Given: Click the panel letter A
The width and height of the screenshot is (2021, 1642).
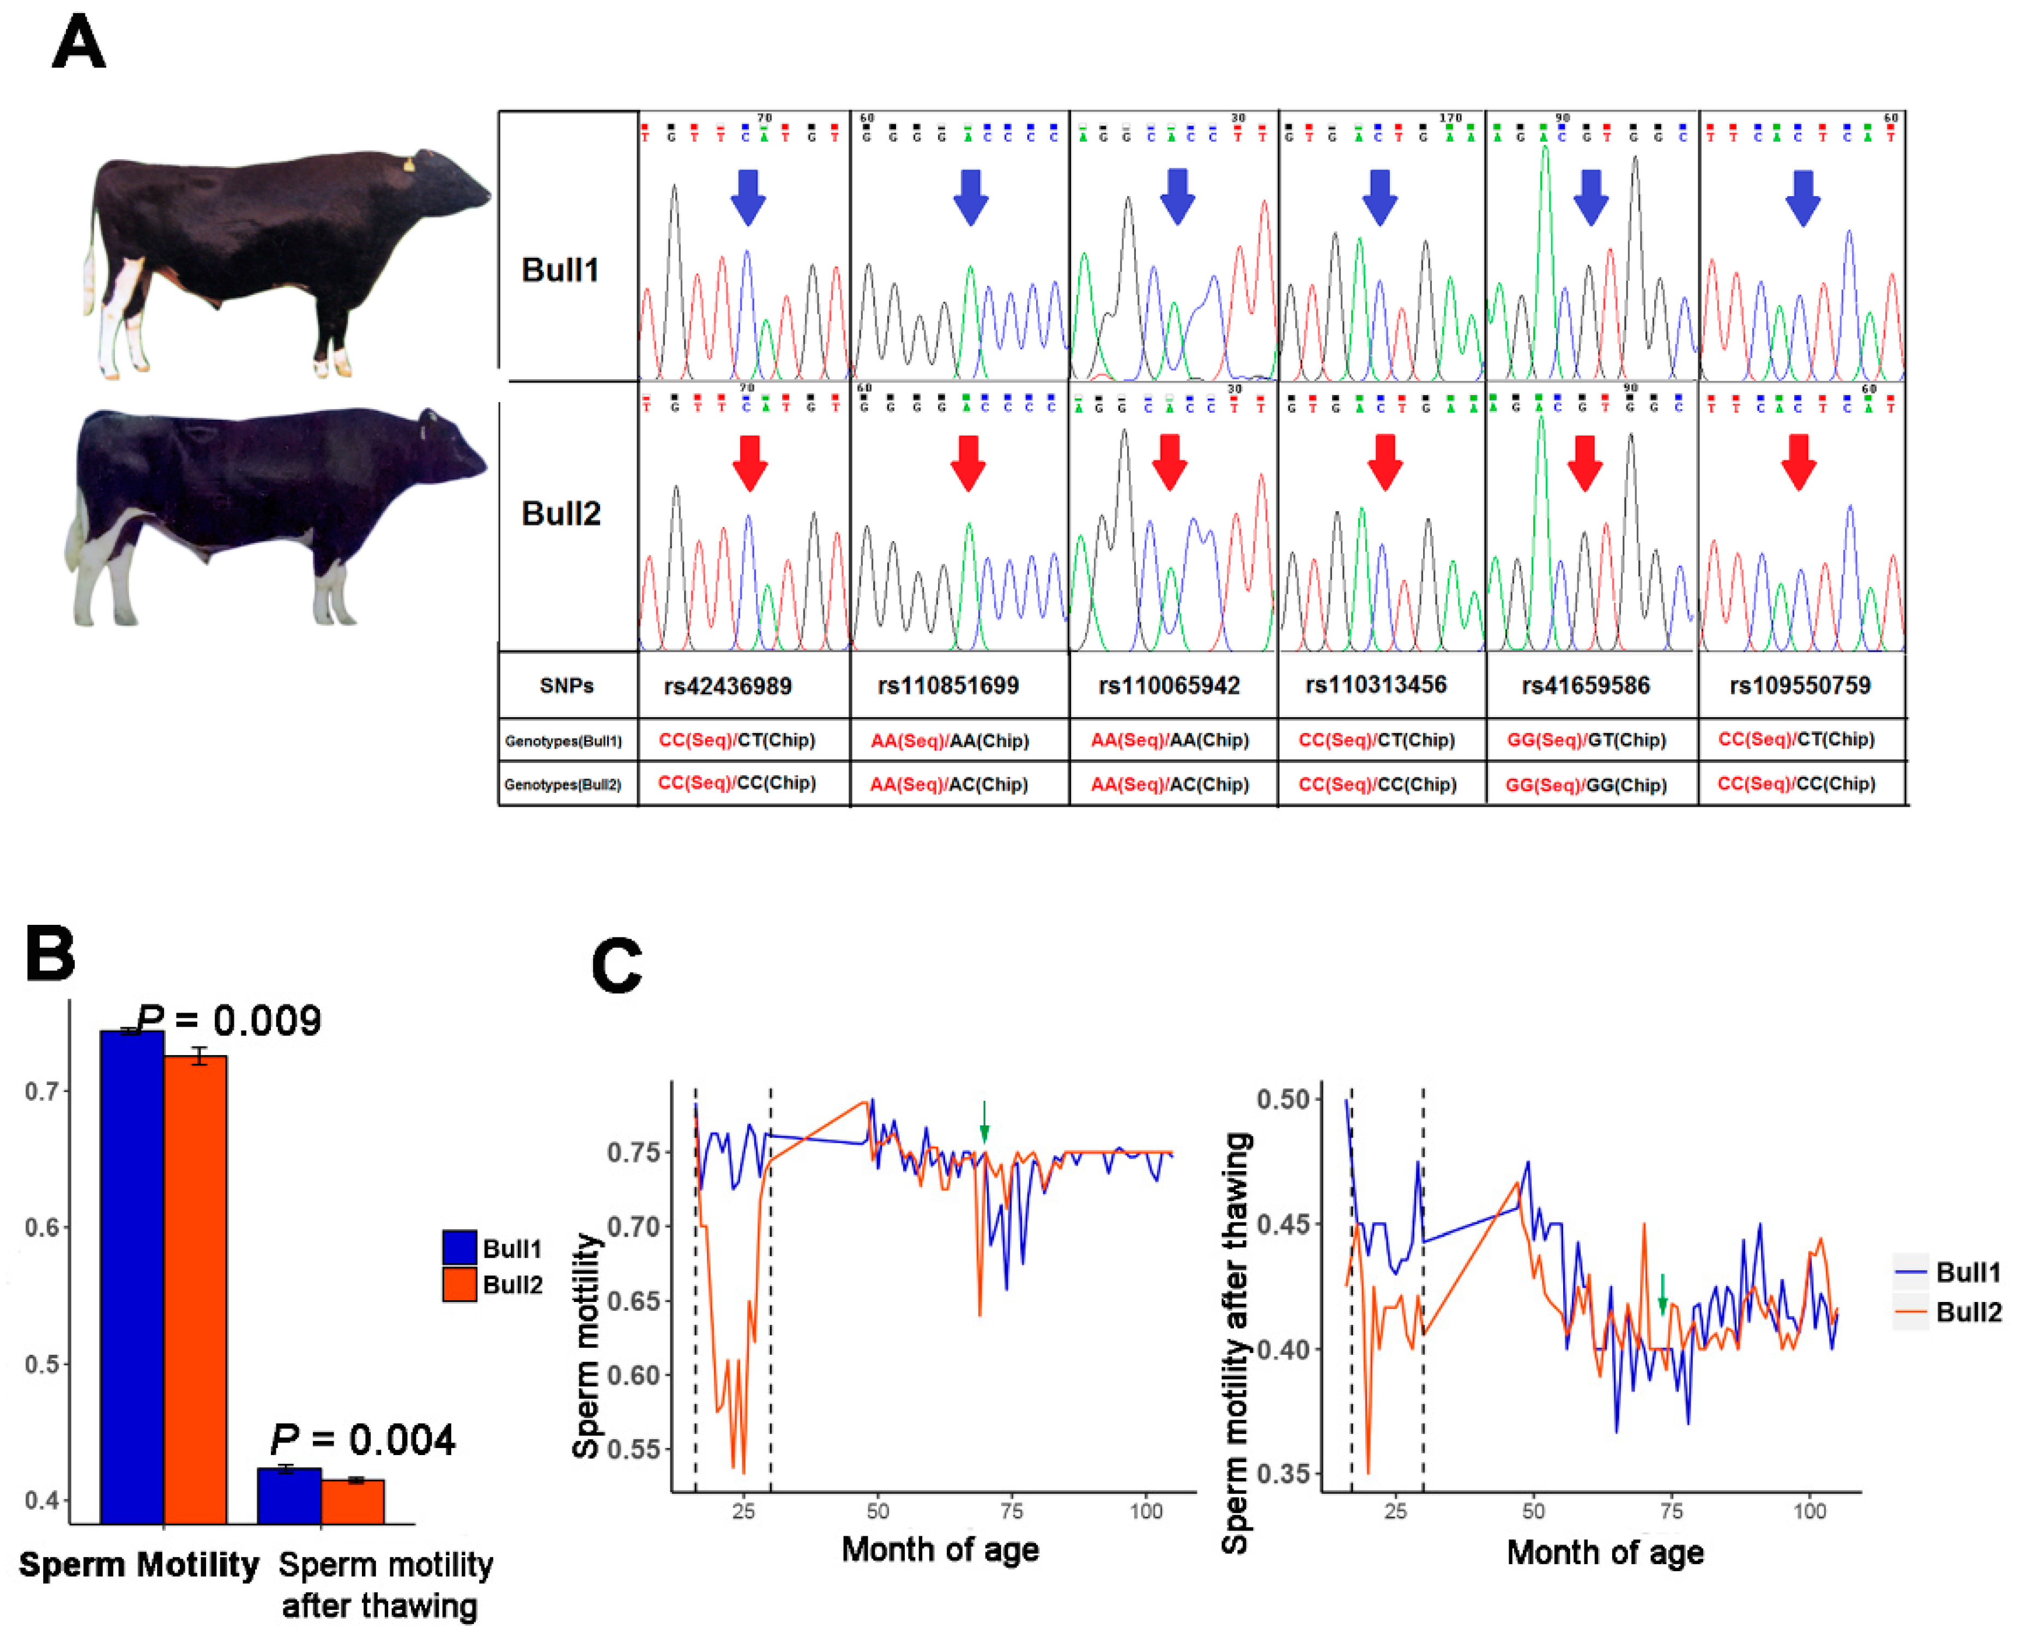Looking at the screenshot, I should click(78, 43).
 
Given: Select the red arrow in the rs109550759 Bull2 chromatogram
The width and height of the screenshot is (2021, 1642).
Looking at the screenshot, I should click(1798, 462).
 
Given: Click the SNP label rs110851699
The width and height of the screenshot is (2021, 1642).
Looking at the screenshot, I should click(948, 686).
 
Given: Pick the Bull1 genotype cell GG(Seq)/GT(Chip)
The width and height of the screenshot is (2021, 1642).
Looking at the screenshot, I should click(1586, 740).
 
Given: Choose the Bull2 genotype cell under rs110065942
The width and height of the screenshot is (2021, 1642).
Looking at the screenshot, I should click(1169, 784).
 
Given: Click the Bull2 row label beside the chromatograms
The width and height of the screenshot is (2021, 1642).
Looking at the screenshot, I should click(561, 513).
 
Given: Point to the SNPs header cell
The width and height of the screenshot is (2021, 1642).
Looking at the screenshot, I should click(566, 686).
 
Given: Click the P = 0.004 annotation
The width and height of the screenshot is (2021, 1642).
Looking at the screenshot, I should click(363, 1440).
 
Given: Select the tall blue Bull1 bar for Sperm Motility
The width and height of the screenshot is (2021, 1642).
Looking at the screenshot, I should click(132, 1277).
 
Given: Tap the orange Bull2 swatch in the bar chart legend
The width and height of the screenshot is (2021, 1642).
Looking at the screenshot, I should click(459, 1284).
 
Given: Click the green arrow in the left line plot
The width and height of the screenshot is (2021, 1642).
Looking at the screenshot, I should click(984, 1121).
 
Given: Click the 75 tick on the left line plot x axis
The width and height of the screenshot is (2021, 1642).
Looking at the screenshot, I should click(1012, 1511).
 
